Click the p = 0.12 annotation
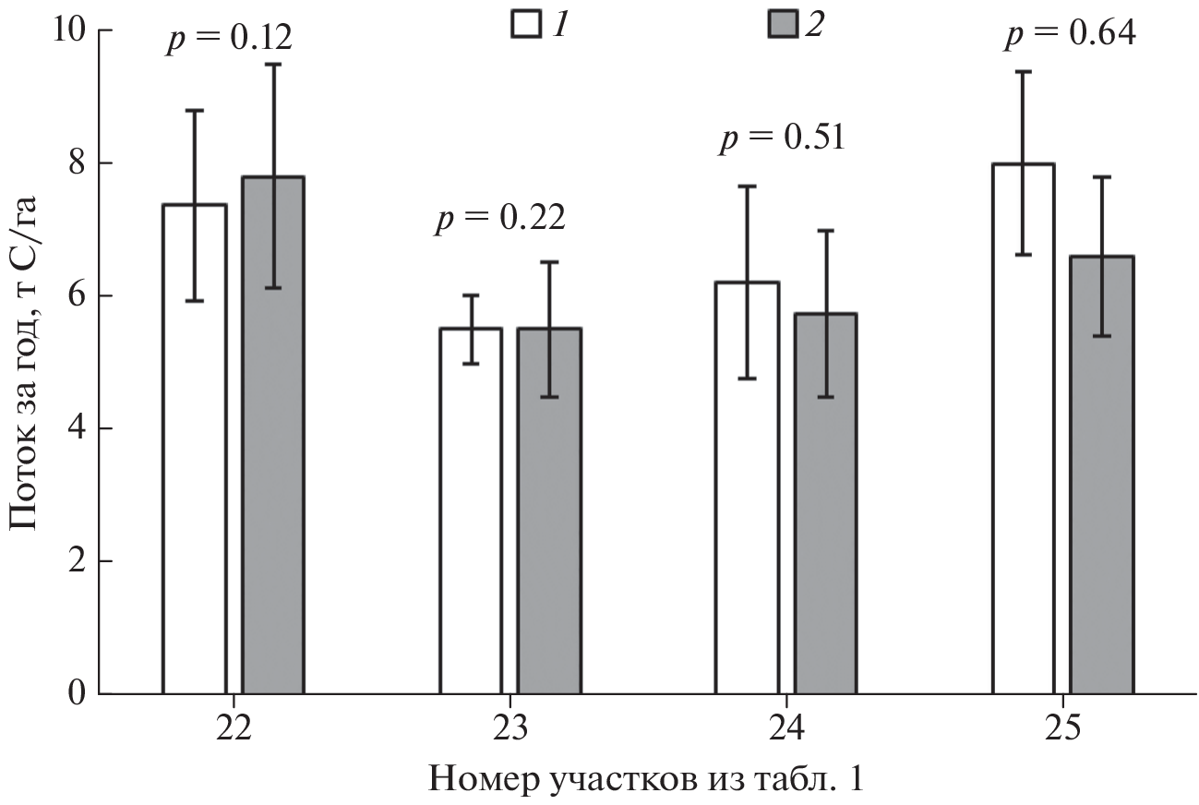[229, 39]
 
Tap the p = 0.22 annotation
[499, 218]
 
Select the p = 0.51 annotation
[781, 138]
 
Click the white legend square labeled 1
[525, 23]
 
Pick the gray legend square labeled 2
[782, 23]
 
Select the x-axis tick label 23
[510, 728]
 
